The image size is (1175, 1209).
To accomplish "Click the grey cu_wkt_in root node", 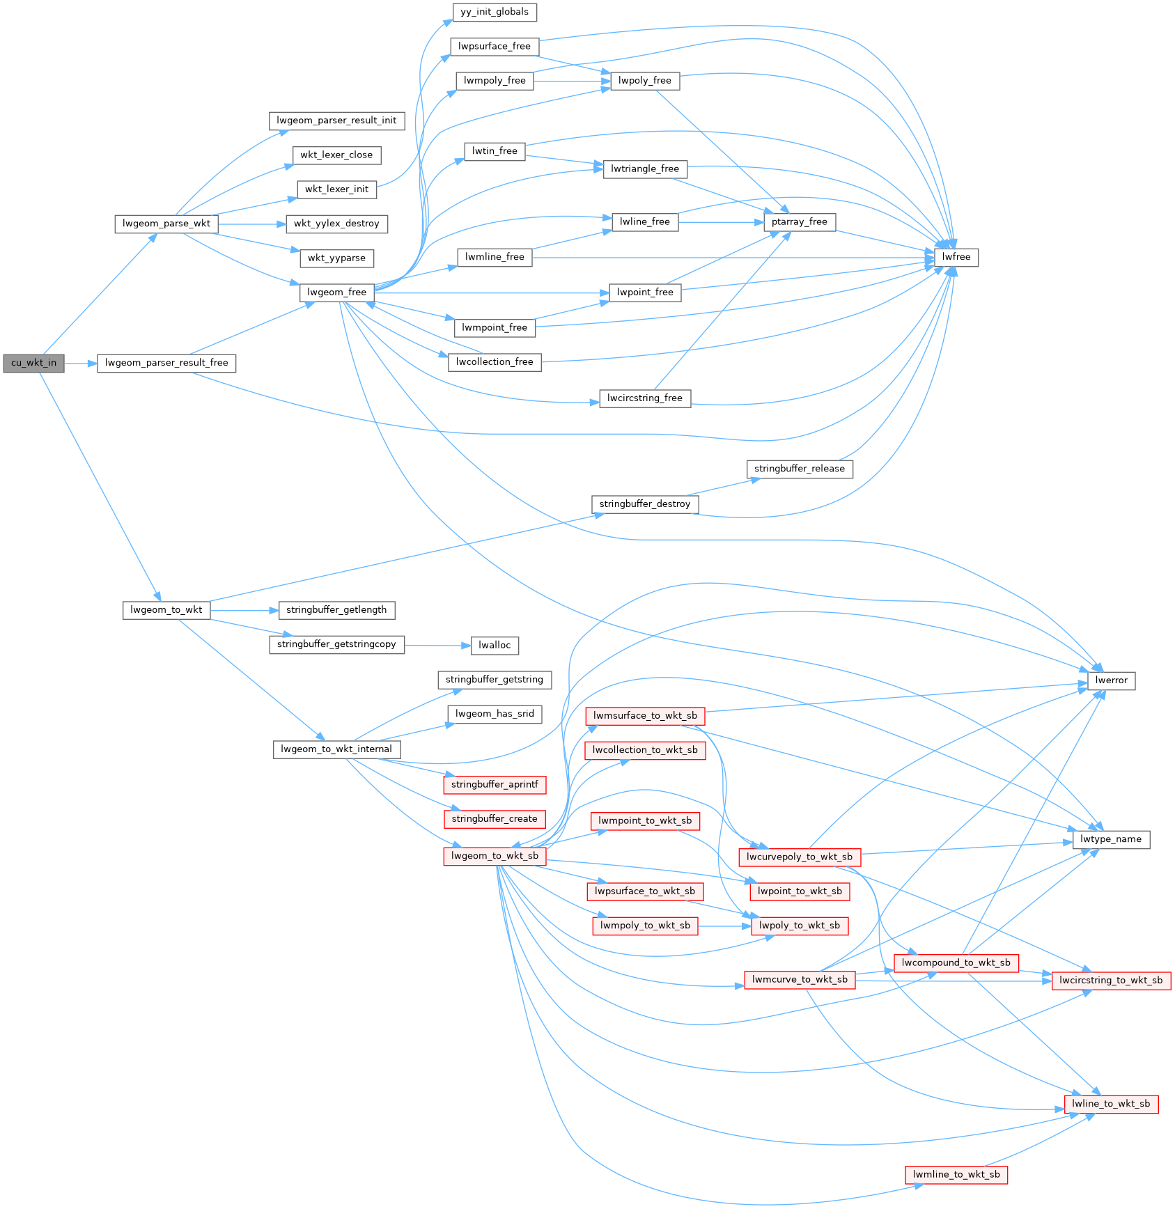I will pyautogui.click(x=33, y=363).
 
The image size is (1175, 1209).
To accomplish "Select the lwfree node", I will pyautogui.click(x=956, y=257).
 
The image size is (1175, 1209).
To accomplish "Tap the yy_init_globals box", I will pyautogui.click(x=495, y=12).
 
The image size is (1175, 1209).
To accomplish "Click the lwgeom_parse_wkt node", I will pyautogui.click(x=166, y=224).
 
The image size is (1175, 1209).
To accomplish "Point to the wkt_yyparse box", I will pyautogui.click(x=337, y=258).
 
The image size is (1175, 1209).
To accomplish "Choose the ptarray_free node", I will pyautogui.click(x=800, y=222).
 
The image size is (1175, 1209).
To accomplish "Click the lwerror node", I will pyautogui.click(x=1111, y=680).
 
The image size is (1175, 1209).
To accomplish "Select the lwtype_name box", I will pyautogui.click(x=1111, y=839).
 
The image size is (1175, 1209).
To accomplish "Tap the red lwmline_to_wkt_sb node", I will pyautogui.click(x=956, y=1175).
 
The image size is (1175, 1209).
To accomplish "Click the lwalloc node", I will pyautogui.click(x=495, y=646).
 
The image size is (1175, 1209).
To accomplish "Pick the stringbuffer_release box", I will pyautogui.click(x=800, y=469).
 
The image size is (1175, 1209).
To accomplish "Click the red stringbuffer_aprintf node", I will pyautogui.click(x=495, y=785).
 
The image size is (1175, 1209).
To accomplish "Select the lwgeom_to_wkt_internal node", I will pyautogui.click(x=336, y=749).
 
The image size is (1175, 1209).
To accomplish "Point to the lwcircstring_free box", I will pyautogui.click(x=645, y=398).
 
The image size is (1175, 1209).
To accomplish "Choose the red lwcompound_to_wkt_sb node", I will pyautogui.click(x=956, y=963).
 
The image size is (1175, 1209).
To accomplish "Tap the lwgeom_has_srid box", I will pyautogui.click(x=495, y=714).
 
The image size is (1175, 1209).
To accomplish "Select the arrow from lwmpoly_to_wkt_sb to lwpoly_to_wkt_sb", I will pyautogui.click(x=724, y=926).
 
